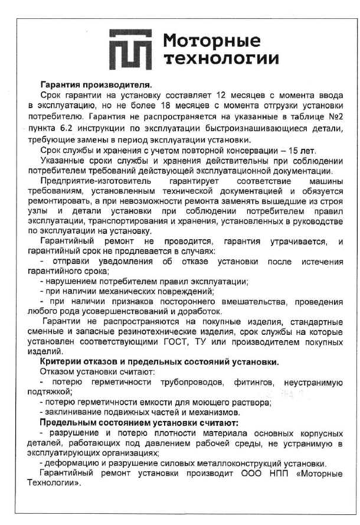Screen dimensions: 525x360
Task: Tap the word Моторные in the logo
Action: tap(211, 41)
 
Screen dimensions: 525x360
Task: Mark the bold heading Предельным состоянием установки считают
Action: tap(138, 422)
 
